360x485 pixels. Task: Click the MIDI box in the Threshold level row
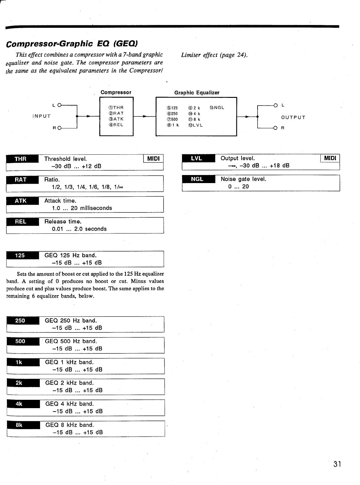click(x=153, y=159)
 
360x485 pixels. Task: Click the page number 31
click(x=337, y=464)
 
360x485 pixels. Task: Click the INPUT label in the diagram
click(x=41, y=116)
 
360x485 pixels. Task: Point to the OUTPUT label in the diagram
click(x=293, y=118)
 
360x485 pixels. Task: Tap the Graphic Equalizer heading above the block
click(x=197, y=93)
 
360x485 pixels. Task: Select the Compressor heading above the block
click(x=116, y=92)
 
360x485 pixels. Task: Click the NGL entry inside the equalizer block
click(x=217, y=108)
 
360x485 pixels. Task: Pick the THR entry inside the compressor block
click(x=116, y=108)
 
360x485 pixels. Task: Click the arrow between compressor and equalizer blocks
click(x=144, y=116)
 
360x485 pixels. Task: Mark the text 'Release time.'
click(x=63, y=222)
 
